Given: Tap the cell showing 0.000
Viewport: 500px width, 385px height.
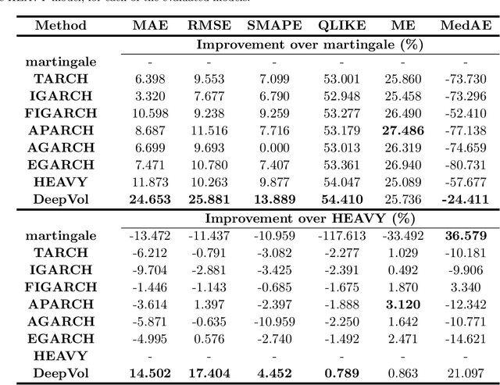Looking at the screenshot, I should pos(274,147).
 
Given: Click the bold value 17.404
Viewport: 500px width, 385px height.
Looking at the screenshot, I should pos(207,373).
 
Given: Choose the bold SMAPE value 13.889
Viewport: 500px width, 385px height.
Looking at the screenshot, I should pos(274,199).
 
